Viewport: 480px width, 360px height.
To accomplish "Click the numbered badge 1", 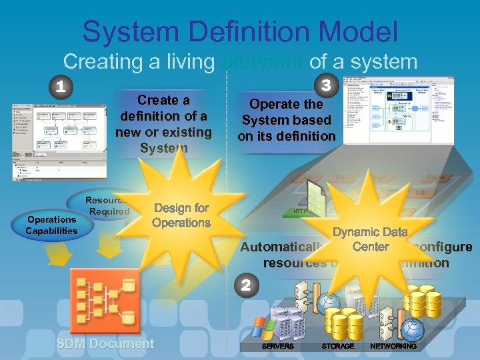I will [x=61, y=87].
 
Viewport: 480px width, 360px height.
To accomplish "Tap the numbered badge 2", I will [x=246, y=286].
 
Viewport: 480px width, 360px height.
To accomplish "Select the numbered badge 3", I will [x=326, y=86].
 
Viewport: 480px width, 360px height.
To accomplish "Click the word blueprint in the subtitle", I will [x=261, y=62].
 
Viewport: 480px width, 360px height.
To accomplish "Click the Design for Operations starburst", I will [x=181, y=215].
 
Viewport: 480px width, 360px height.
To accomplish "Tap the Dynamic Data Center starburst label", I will [x=370, y=239].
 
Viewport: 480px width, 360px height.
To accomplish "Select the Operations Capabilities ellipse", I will [x=51, y=225].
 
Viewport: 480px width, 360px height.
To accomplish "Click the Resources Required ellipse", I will [x=107, y=205].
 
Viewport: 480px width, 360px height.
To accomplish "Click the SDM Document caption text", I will [x=105, y=344].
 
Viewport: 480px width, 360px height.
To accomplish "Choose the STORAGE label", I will [x=338, y=347].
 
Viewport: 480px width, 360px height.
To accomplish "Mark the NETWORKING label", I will [x=393, y=347].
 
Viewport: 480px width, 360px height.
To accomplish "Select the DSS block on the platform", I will [x=421, y=193].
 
